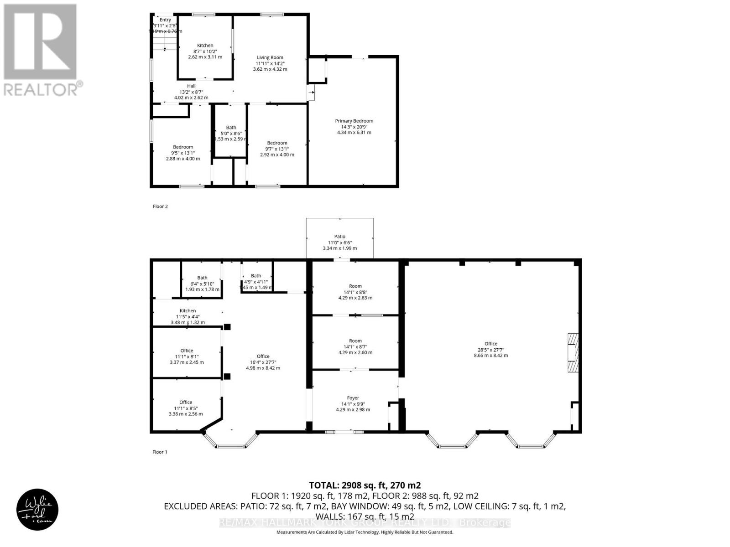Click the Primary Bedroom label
(354, 121)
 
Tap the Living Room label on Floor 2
(270, 58)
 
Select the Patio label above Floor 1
(340, 237)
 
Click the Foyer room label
(353, 398)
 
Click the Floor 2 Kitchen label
(205, 46)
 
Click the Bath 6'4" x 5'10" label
(202, 278)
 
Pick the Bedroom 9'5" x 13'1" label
(182, 147)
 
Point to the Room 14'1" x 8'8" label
(355, 287)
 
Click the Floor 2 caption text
(160, 206)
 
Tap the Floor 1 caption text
(160, 452)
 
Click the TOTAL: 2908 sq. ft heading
(365, 485)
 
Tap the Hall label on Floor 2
(191, 86)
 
